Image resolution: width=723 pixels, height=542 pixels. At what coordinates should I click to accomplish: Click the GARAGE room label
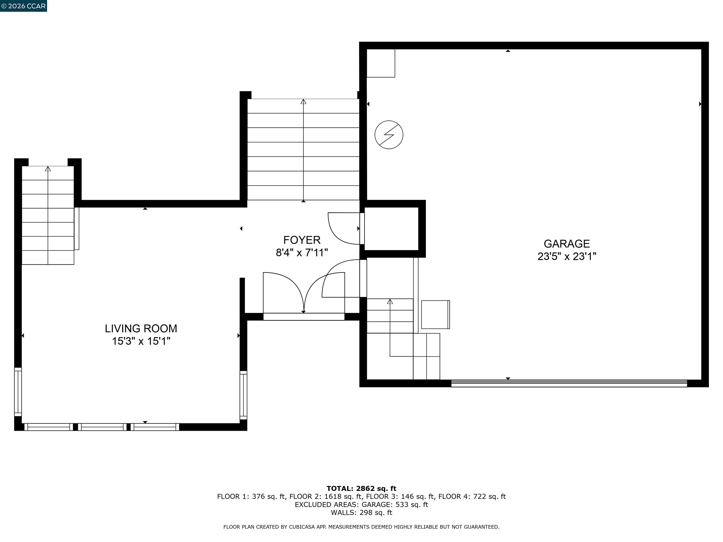[x=566, y=244]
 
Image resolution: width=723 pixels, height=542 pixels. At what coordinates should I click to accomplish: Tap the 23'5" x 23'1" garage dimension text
[x=566, y=256]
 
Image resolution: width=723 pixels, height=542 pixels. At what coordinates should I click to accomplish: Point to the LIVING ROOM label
[x=141, y=328]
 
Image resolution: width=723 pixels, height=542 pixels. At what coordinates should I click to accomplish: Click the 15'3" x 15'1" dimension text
[x=141, y=341]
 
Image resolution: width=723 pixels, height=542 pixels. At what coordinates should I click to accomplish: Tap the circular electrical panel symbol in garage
[x=389, y=135]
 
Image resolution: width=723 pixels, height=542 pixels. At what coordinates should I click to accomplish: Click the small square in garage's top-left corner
[x=381, y=63]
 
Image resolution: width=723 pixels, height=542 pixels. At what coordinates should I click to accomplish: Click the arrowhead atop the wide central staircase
[x=303, y=102]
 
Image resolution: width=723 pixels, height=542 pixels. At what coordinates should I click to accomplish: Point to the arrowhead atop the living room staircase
[x=48, y=169]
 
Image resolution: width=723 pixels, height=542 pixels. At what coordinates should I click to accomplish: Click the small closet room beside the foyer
[x=391, y=229]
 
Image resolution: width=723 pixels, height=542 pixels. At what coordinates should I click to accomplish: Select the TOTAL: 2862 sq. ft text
[x=361, y=488]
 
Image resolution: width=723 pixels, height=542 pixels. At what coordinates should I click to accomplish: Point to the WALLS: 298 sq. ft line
[x=361, y=512]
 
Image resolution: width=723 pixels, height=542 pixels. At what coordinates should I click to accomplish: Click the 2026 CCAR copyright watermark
[x=23, y=6]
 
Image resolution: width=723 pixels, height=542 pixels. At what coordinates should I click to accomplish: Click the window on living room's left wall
[x=18, y=392]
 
